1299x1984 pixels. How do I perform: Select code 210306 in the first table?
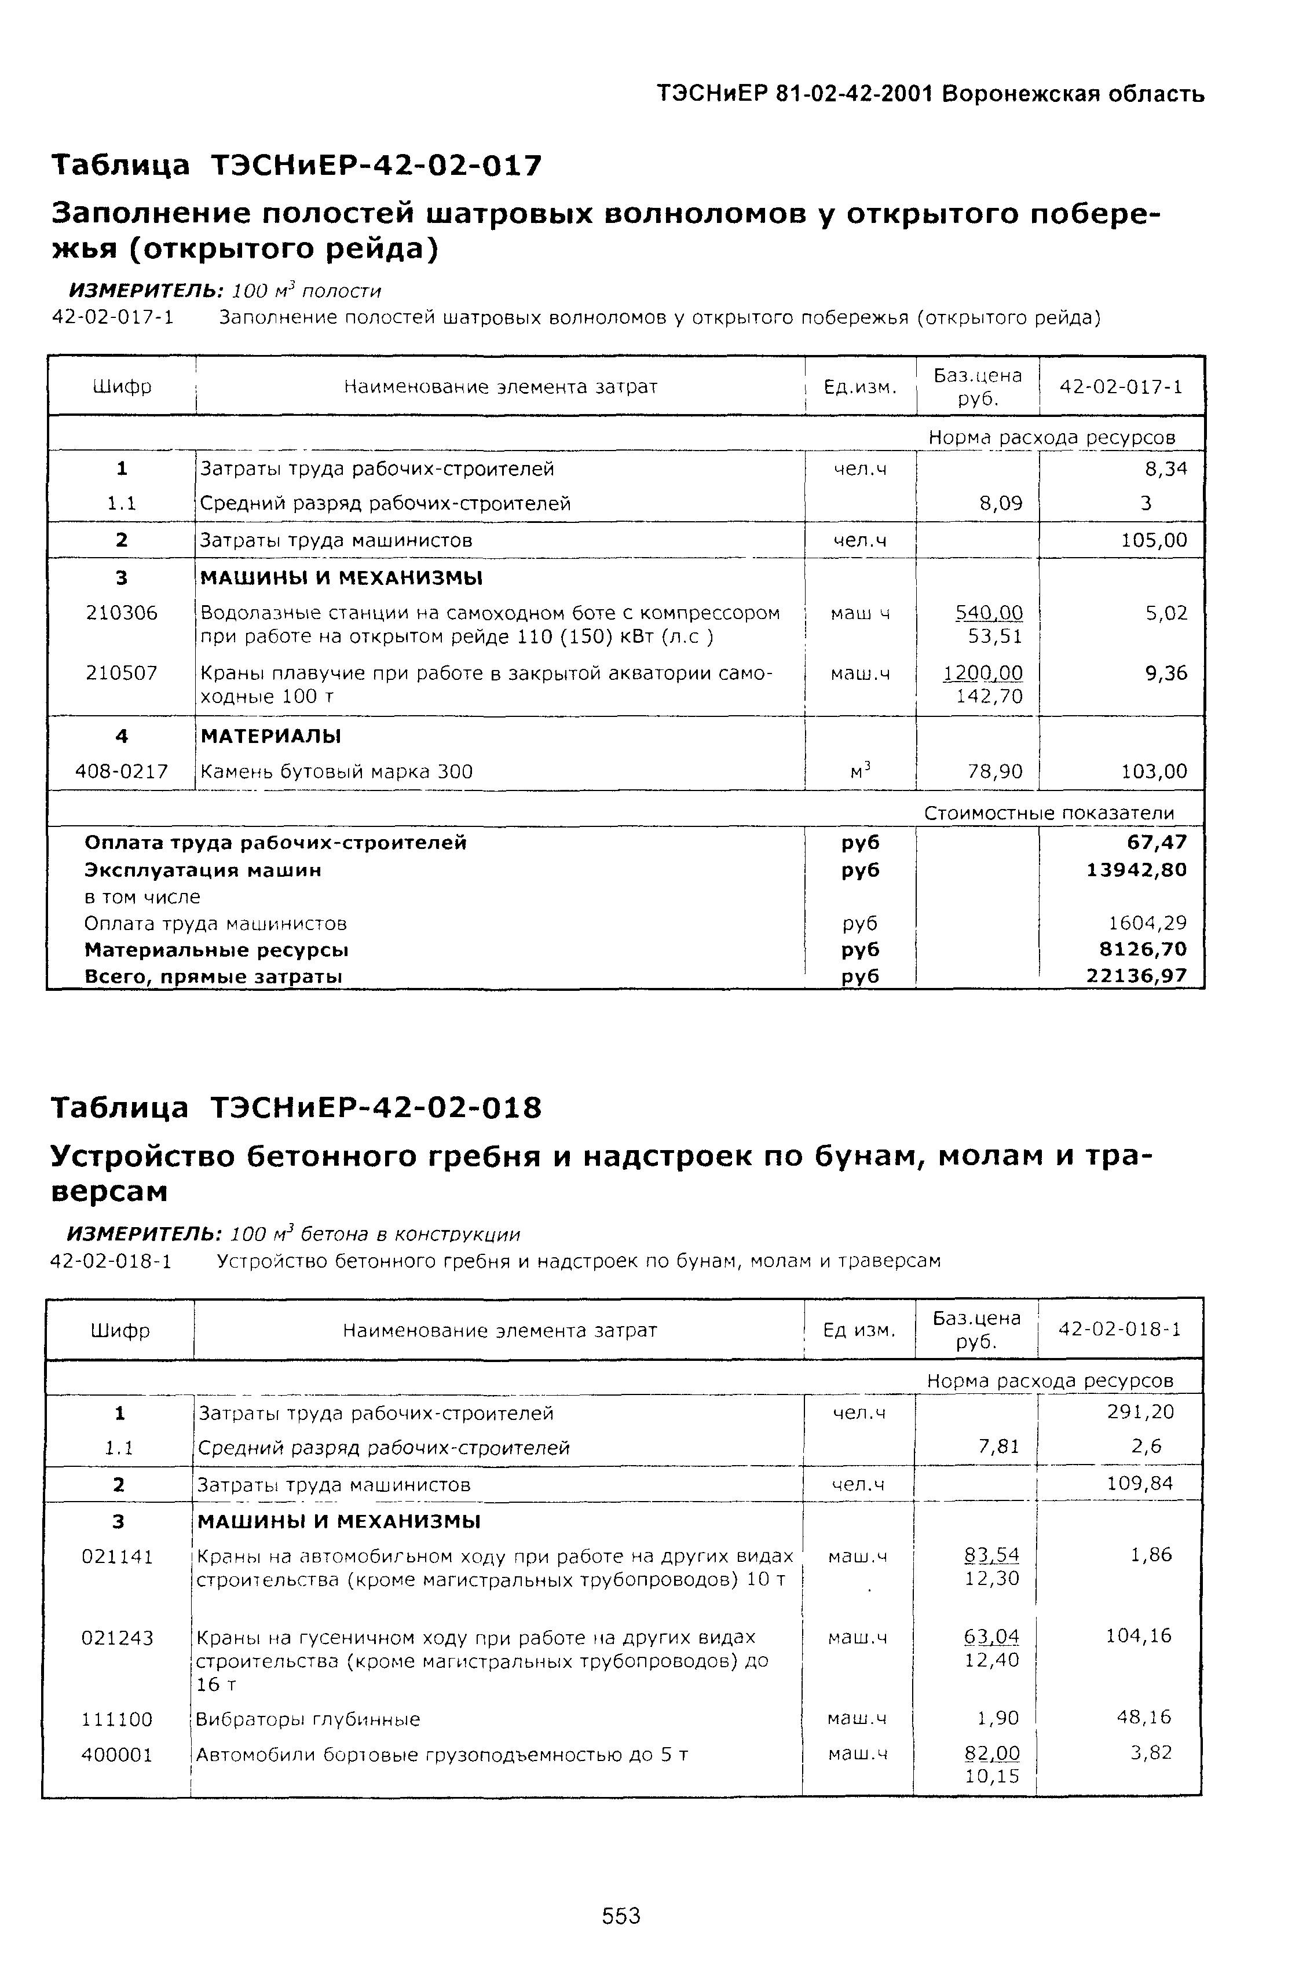point(122,613)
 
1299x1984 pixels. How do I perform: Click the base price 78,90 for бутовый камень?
point(995,772)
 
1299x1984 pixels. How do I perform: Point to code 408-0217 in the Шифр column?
point(122,772)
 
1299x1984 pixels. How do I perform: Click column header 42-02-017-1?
point(1121,387)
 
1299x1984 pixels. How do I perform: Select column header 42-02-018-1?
point(1119,1329)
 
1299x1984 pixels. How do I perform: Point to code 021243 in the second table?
point(118,1638)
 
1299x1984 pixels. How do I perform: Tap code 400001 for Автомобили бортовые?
point(118,1755)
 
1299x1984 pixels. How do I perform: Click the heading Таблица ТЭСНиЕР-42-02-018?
point(296,1108)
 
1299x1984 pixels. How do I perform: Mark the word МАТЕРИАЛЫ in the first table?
point(271,736)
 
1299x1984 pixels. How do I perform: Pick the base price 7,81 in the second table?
point(998,1447)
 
